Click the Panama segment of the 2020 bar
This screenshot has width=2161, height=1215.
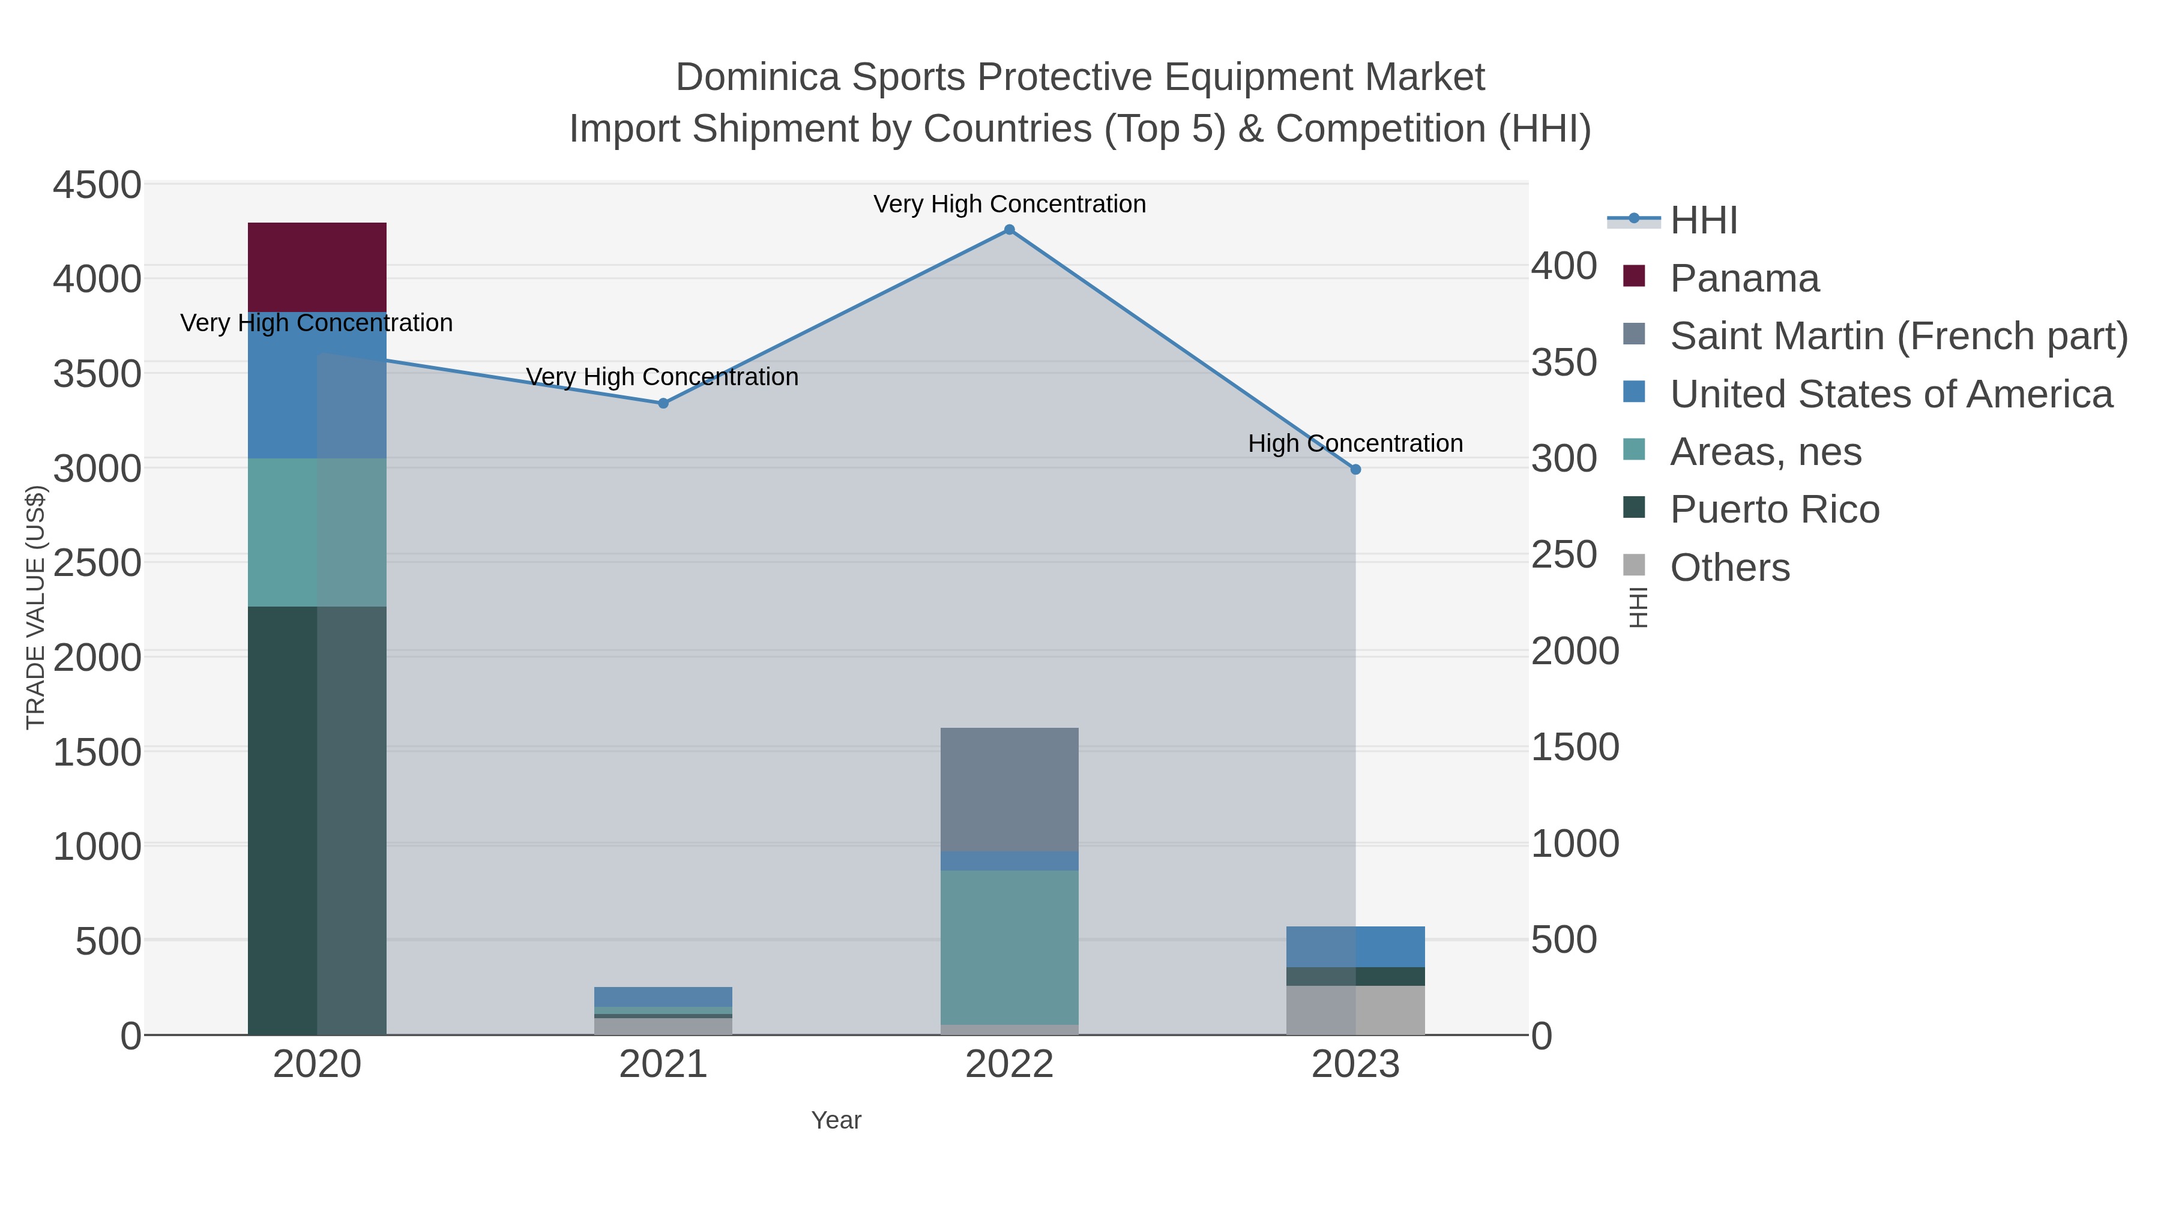[316, 266]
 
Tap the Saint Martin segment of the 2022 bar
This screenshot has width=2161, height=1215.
[1008, 789]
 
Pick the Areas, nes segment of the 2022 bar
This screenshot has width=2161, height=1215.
[1008, 947]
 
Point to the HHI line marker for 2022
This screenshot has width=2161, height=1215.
[1009, 230]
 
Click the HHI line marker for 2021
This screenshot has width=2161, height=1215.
[663, 403]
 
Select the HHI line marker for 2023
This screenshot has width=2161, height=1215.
[1355, 470]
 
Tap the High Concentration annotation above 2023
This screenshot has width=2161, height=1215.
[1355, 443]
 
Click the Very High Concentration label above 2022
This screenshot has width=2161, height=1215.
[1009, 204]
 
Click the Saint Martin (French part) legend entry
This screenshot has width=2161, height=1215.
[1897, 336]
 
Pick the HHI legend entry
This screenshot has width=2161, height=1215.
[1703, 221]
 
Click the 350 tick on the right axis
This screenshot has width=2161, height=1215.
[1564, 363]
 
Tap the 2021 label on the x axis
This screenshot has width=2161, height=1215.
[663, 1065]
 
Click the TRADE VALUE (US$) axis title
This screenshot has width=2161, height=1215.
[35, 607]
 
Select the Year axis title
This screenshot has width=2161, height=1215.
[836, 1120]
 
